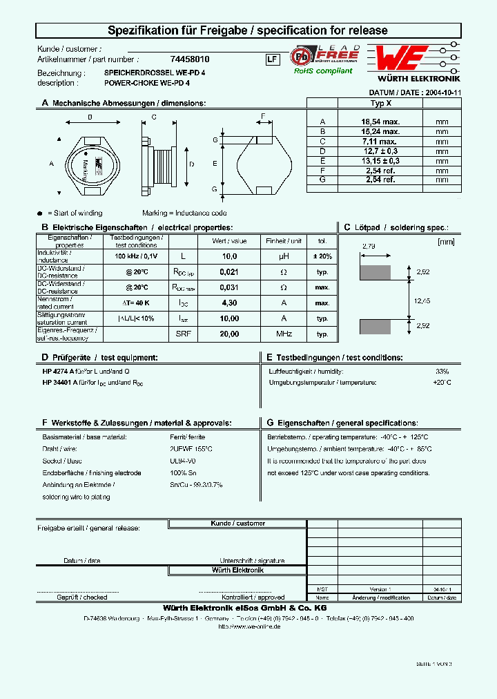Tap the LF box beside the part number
point(272,59)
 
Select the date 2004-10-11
point(442,92)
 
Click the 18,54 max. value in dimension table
point(380,121)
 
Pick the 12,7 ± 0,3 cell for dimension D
point(380,150)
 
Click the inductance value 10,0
point(228,256)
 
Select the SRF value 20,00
point(228,334)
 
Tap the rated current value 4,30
point(228,303)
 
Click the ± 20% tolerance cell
point(322,256)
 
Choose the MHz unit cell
point(284,334)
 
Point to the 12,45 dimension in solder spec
point(422,300)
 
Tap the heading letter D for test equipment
point(45,357)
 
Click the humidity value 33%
point(442,372)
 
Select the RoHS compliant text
point(323,70)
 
